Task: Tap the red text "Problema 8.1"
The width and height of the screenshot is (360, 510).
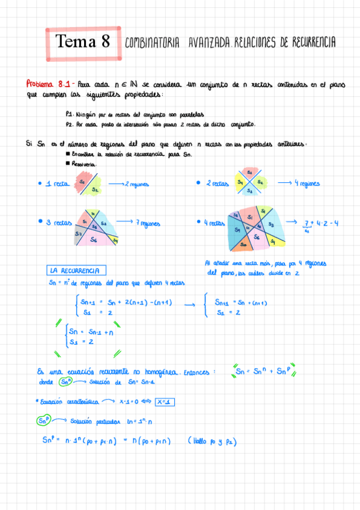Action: click(49, 84)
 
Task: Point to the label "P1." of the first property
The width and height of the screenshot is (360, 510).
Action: click(70, 114)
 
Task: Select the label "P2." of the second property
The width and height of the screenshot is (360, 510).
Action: click(70, 124)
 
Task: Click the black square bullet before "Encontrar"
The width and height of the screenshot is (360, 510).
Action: click(67, 155)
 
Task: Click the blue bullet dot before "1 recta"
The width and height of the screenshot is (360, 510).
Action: click(39, 183)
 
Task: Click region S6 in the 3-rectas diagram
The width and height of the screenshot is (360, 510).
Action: click(94, 239)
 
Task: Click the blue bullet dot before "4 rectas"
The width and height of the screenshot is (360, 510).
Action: click(198, 223)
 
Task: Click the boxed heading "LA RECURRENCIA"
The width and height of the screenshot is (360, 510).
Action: click(77, 271)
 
